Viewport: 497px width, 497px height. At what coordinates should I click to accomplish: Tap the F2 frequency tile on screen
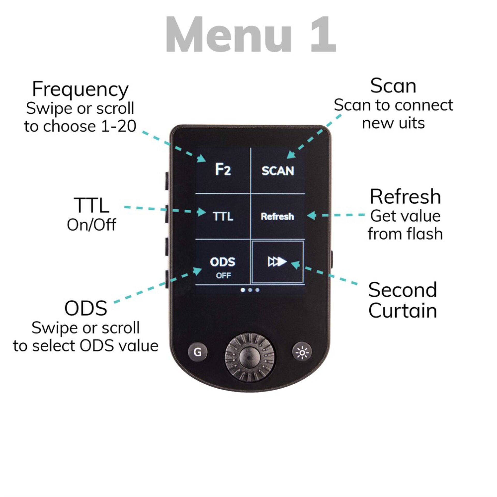(223, 170)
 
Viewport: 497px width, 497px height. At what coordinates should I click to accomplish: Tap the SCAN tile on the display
(278, 171)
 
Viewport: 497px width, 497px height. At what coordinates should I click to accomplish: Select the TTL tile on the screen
(223, 216)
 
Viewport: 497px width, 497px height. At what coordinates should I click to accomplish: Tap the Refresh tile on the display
(277, 216)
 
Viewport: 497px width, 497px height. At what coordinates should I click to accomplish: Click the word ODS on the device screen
(223, 262)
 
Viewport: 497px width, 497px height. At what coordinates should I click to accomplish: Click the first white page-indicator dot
(243, 290)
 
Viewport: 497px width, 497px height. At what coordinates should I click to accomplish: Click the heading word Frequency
(80, 89)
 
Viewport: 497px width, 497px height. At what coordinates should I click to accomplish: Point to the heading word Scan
(393, 86)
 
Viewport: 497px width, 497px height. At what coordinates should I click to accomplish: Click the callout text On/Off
(91, 225)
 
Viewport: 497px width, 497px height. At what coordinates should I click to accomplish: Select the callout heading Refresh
(405, 197)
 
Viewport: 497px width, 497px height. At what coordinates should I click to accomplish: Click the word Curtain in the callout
(403, 310)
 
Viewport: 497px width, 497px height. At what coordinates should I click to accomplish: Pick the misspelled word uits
(411, 123)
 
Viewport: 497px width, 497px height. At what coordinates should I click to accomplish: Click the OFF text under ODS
(223, 276)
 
